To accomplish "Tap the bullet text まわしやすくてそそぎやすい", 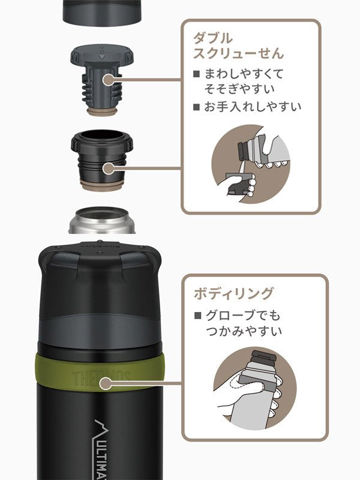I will point(237,82).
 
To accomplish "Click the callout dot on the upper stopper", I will point(109,79).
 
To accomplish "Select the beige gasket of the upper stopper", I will point(103,112).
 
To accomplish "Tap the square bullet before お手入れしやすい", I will point(196,107).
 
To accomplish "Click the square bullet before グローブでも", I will point(196,315).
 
